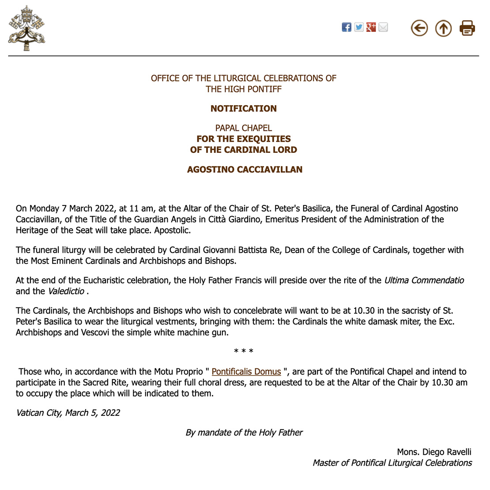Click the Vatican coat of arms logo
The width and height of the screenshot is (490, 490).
click(x=26, y=28)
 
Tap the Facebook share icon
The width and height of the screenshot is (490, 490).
click(x=347, y=27)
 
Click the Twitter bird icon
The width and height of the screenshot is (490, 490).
click(x=359, y=27)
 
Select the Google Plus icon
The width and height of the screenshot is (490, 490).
click(x=371, y=27)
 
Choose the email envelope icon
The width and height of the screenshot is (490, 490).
click(x=383, y=27)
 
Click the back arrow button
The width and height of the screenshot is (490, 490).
click(x=419, y=28)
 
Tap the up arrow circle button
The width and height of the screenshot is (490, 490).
click(x=443, y=28)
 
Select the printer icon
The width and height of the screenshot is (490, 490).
click(x=467, y=28)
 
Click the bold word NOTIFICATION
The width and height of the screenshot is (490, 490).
click(x=244, y=109)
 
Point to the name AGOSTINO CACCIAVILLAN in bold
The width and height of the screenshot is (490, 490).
click(x=245, y=170)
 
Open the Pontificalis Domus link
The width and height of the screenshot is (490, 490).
click(x=246, y=372)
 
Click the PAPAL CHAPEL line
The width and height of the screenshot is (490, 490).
click(x=244, y=128)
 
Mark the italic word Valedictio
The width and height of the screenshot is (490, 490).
click(x=66, y=291)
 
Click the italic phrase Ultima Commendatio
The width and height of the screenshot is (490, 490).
click(x=424, y=281)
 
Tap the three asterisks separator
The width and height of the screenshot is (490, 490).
click(x=244, y=352)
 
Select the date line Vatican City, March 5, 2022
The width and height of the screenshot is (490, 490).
click(x=68, y=413)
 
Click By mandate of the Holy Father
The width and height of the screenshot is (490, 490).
click(x=244, y=433)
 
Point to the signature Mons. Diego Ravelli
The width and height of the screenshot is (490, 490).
click(x=434, y=452)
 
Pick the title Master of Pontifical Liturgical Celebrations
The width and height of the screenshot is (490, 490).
click(x=392, y=463)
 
